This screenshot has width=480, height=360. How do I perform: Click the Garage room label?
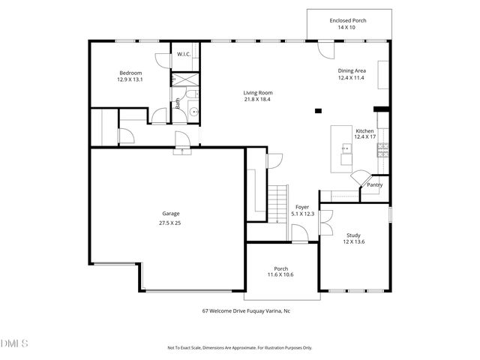click(x=170, y=214)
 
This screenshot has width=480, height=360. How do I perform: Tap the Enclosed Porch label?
click(x=348, y=20)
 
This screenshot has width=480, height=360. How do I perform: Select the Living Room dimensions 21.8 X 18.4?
click(x=256, y=100)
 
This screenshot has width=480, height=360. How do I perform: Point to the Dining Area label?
click(x=350, y=70)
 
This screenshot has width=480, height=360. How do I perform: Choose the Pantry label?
click(x=375, y=184)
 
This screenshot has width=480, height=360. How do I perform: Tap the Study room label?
click(x=353, y=235)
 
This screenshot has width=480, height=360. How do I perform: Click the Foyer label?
click(x=302, y=206)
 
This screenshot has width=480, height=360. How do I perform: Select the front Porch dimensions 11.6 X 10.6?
click(x=281, y=276)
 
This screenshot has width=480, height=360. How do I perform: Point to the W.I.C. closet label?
click(x=184, y=54)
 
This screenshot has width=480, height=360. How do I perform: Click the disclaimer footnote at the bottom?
click(x=239, y=348)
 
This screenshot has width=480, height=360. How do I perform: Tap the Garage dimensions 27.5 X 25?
click(x=170, y=223)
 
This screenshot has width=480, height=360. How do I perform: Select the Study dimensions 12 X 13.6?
click(x=353, y=242)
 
